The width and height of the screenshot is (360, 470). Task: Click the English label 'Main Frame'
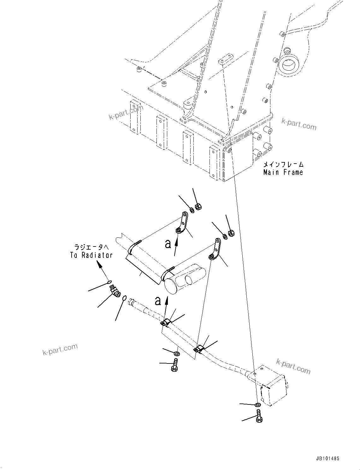[x=283, y=172]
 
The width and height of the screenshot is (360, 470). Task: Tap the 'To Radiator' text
[x=91, y=255]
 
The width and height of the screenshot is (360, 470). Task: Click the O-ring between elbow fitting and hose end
[x=125, y=298]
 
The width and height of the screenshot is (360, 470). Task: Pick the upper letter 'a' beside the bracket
[x=168, y=244]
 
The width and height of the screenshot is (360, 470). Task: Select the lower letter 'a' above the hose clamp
[x=158, y=301]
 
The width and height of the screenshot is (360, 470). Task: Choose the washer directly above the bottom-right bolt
[x=257, y=405]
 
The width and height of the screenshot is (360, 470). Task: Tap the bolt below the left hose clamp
[x=174, y=366]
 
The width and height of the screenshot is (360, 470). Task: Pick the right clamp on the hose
[x=198, y=348]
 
